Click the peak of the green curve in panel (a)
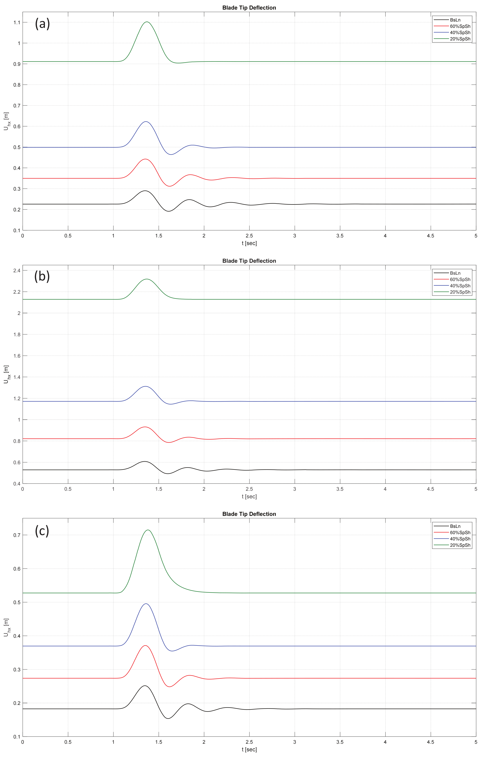[x=147, y=22]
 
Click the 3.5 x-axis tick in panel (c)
[x=340, y=742]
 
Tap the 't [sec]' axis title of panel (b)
[x=249, y=496]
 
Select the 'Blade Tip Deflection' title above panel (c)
[x=249, y=514]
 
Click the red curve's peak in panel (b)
[x=145, y=427]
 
